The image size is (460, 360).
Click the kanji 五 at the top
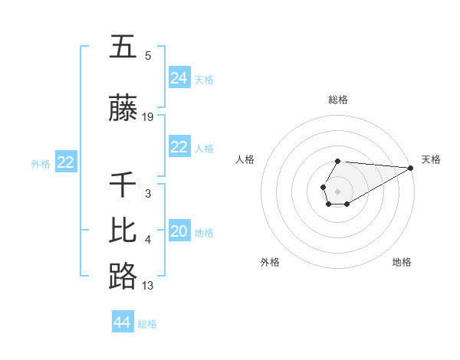click(123, 47)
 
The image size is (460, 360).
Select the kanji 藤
click(123, 110)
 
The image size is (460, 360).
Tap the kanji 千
click(123, 186)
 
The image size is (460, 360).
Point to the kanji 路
click(123, 277)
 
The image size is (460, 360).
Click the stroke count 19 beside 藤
click(148, 117)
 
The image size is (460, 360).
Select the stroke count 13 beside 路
click(148, 286)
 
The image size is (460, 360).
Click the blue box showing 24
click(179, 77)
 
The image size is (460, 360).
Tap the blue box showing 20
click(179, 231)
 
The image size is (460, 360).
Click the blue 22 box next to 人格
click(179, 147)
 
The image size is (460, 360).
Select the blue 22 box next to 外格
click(66, 162)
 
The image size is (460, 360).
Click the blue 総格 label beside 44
click(147, 324)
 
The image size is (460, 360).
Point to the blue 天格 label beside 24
click(204, 79)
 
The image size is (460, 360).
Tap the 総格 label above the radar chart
click(338, 100)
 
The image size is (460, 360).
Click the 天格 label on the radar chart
click(432, 159)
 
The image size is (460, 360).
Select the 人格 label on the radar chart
click(245, 159)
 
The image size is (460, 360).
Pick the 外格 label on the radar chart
click(270, 262)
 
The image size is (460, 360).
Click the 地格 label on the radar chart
click(402, 262)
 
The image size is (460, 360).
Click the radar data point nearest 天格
click(411, 168)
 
